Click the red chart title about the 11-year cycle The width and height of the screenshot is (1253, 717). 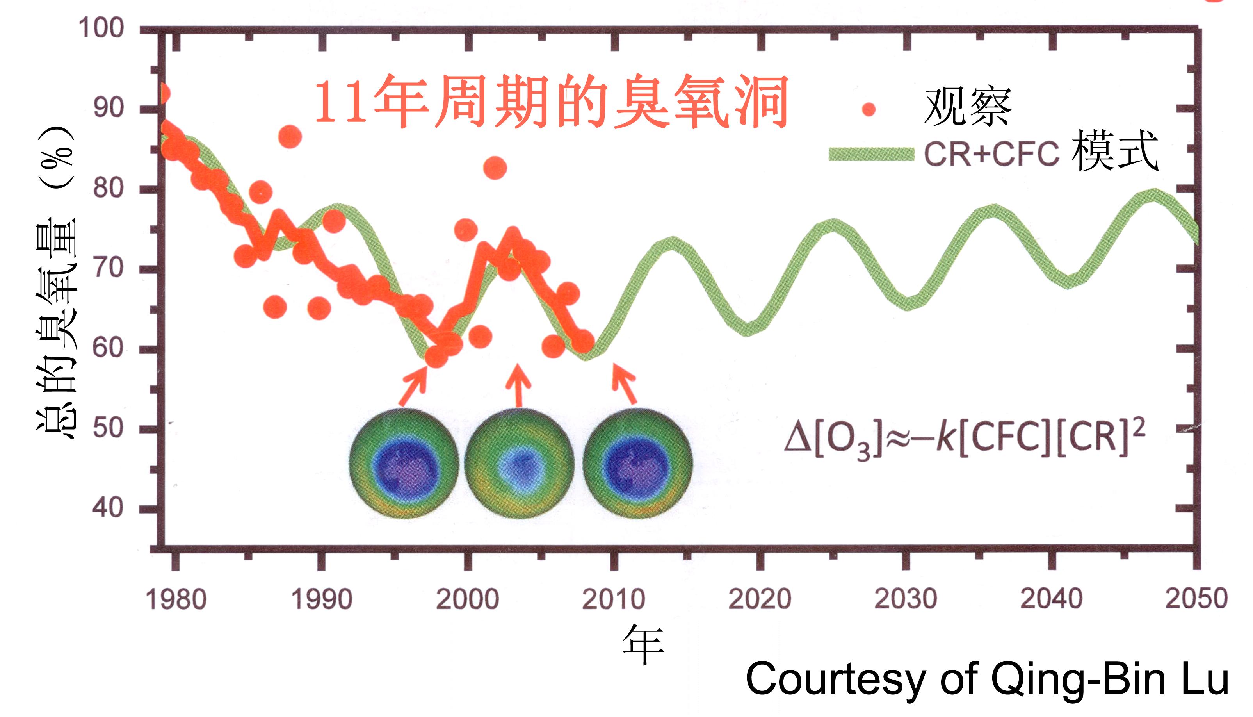pyautogui.click(x=551, y=102)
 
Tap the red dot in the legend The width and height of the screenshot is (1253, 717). pyautogui.click(x=869, y=109)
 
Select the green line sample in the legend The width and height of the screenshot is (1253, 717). pyautogui.click(x=871, y=154)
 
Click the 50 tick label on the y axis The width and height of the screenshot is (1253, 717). pyautogui.click(x=108, y=428)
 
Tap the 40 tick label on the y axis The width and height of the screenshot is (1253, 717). pyautogui.click(x=108, y=508)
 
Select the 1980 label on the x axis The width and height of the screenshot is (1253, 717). pyautogui.click(x=176, y=600)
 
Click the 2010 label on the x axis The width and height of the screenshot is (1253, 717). pyautogui.click(x=613, y=600)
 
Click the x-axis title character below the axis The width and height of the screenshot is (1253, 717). pyautogui.click(x=643, y=645)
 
